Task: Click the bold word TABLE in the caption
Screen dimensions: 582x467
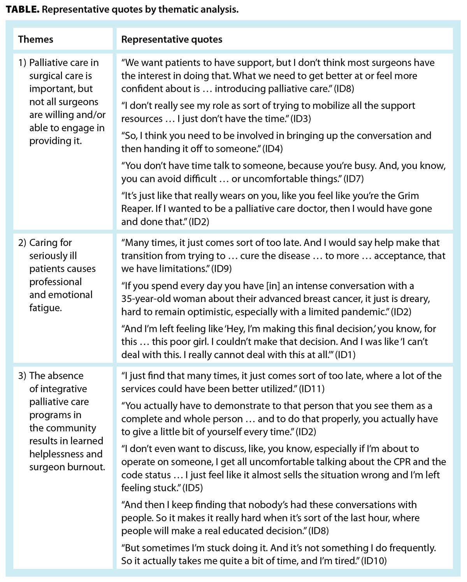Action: pyautogui.click(x=22, y=9)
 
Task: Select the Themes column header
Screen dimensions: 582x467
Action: pyautogui.click(x=36, y=39)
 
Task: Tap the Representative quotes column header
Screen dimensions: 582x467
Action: pyautogui.click(x=172, y=39)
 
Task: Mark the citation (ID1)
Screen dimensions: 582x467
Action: pyautogui.click(x=345, y=355)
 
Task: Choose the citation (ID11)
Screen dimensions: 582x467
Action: pyautogui.click(x=311, y=389)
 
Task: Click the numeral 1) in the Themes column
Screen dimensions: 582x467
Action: pyautogui.click(x=22, y=63)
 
